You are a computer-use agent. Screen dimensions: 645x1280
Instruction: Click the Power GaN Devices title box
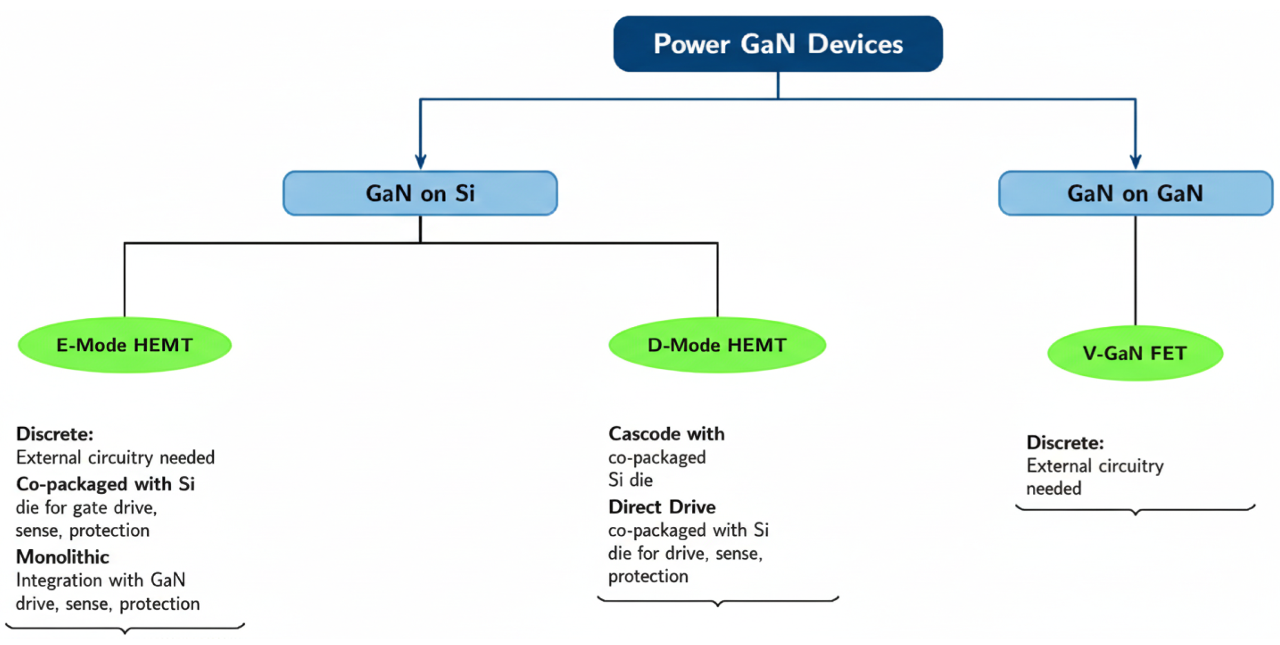(x=777, y=43)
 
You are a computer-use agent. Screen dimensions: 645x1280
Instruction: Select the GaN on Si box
(x=420, y=193)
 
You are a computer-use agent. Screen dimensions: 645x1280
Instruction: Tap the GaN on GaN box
(x=1135, y=193)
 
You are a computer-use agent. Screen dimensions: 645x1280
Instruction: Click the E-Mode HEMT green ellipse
(x=124, y=345)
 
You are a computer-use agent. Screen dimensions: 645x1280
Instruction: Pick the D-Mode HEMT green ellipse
(x=717, y=345)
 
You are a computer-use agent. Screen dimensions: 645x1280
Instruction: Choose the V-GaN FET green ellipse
(x=1135, y=353)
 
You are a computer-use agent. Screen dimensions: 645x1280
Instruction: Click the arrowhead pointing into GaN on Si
(x=420, y=162)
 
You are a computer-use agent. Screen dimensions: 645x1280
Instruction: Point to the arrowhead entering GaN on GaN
(x=1135, y=162)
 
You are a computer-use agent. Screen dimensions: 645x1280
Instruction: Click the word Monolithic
(x=62, y=556)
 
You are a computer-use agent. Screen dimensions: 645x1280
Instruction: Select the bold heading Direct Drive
(x=661, y=506)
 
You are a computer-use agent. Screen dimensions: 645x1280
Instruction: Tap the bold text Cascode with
(x=666, y=433)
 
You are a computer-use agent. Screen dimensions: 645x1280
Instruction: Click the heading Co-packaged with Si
(x=105, y=483)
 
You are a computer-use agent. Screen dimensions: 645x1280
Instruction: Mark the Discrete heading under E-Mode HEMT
(x=55, y=433)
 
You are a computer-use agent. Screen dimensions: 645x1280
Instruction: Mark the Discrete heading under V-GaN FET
(x=1065, y=442)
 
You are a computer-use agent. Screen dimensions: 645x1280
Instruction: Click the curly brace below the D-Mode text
(x=718, y=601)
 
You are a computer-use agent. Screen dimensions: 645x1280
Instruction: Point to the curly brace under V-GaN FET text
(x=1135, y=509)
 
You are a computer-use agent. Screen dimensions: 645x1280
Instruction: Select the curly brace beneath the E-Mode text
(x=125, y=629)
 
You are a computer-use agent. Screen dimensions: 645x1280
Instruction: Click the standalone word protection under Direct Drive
(x=648, y=575)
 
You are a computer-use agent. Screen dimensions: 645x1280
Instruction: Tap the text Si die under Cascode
(x=630, y=480)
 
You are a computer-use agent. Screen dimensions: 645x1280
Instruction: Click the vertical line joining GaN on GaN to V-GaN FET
(x=1135, y=270)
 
